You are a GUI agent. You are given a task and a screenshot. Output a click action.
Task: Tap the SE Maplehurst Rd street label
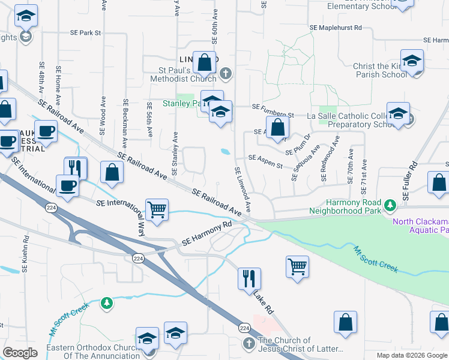point(336,28)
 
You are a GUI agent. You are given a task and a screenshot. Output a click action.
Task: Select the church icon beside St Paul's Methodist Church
point(226,74)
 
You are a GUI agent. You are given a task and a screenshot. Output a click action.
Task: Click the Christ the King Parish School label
point(376,70)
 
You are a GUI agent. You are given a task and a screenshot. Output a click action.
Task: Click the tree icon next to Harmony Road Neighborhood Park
point(391,206)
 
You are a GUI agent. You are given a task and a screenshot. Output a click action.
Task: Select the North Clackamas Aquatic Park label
point(420,226)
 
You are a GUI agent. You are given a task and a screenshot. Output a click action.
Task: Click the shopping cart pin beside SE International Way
point(157,211)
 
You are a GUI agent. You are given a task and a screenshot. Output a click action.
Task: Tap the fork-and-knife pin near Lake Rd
point(249,278)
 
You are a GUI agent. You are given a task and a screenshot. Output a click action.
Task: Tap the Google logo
point(20,352)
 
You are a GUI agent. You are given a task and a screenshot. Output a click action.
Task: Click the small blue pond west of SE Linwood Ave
point(225,151)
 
